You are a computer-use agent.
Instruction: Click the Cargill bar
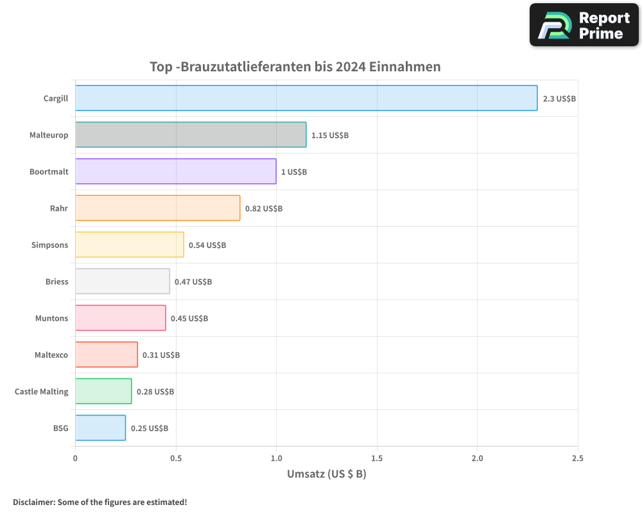(x=306, y=98)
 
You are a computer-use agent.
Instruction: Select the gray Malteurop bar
(x=191, y=135)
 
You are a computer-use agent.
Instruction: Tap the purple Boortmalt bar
(x=175, y=172)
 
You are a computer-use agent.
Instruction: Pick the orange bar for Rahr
(x=157, y=208)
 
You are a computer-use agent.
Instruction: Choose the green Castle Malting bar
(x=103, y=391)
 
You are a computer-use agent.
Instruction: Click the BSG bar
(x=100, y=428)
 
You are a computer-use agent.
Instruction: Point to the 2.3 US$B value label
(x=559, y=99)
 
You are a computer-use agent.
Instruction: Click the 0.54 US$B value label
(x=207, y=245)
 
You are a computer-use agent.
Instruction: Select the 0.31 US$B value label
(x=161, y=355)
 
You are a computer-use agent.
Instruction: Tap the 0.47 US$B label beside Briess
(x=193, y=282)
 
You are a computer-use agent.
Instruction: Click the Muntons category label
(x=51, y=318)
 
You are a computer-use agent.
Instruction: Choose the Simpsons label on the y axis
(x=49, y=245)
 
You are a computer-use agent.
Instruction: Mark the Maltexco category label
(x=51, y=355)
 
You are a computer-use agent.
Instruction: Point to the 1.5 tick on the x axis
(x=377, y=459)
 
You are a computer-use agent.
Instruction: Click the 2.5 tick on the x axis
(x=577, y=459)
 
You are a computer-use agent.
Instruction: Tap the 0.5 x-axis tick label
(x=176, y=459)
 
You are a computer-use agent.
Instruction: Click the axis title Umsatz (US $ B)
(x=326, y=475)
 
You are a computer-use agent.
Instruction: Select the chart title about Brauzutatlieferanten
(x=295, y=67)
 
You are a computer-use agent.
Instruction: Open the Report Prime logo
(x=584, y=25)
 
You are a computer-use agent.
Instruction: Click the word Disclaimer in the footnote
(x=33, y=502)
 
